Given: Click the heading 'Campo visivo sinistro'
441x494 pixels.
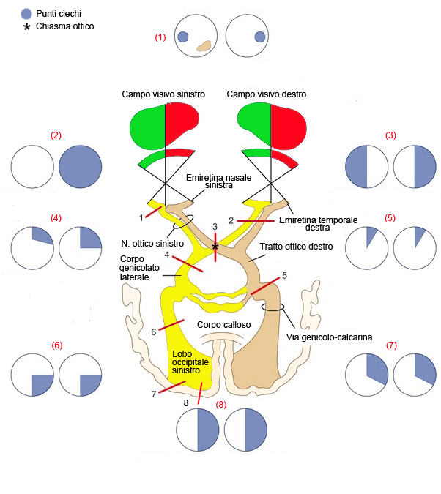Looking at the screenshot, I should point(164,94).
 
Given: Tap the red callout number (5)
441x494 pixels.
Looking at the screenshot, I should point(390,217).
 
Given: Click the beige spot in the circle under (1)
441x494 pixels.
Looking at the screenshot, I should point(204,45).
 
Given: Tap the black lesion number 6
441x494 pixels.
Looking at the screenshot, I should point(155,332).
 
